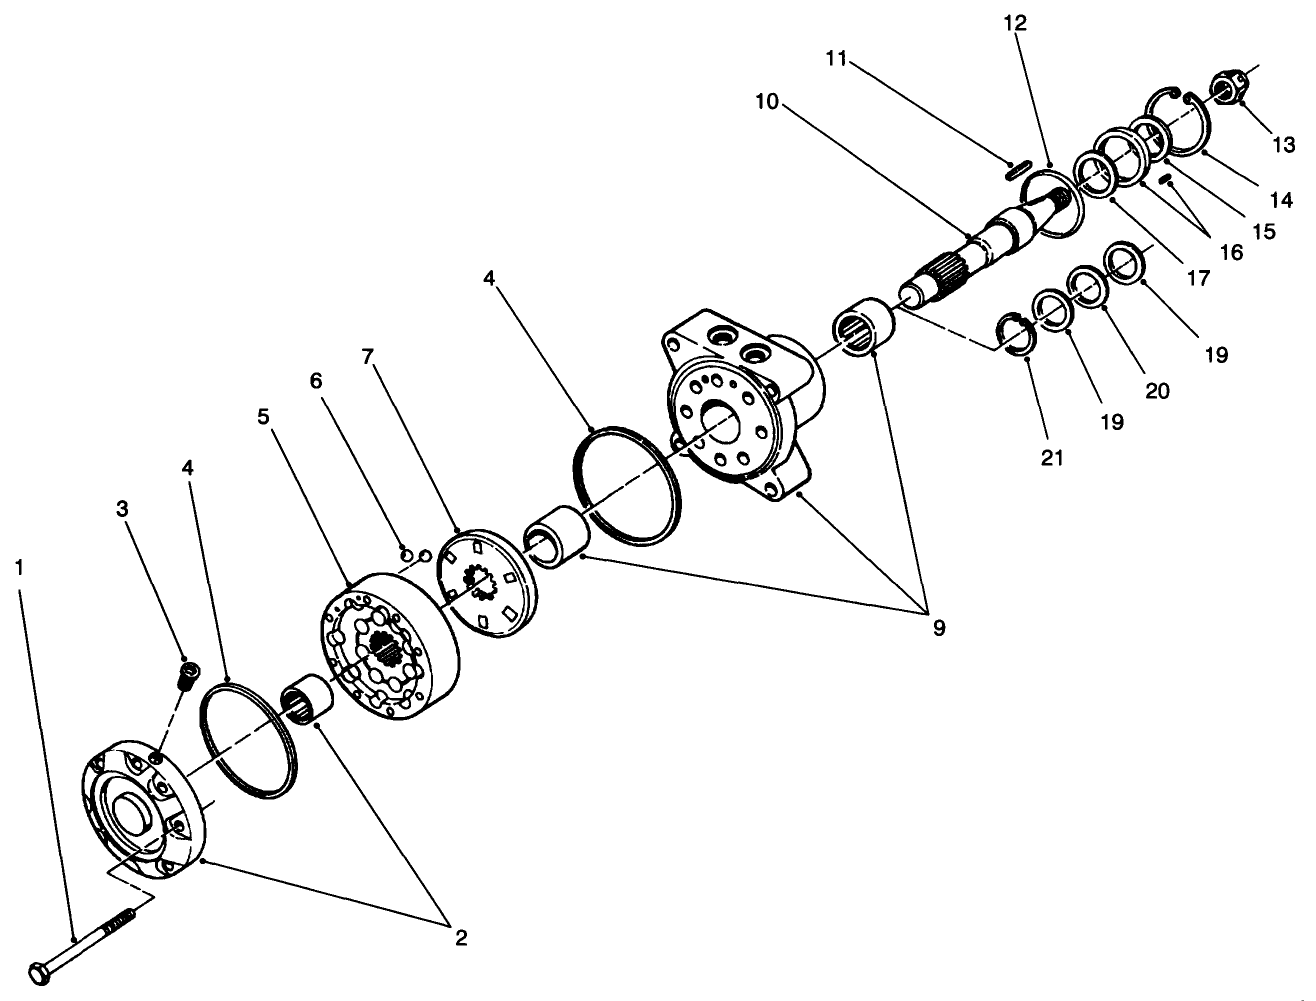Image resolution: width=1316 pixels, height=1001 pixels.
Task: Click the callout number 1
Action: point(19,567)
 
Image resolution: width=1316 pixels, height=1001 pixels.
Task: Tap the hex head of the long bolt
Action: point(42,971)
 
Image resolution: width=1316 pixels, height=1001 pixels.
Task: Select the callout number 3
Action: point(122,508)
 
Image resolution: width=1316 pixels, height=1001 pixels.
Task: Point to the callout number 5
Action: point(263,416)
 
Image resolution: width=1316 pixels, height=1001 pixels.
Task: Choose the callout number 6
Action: point(316,381)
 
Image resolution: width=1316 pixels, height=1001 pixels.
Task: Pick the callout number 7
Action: point(367,356)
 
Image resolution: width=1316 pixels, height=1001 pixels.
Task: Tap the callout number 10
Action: point(767,102)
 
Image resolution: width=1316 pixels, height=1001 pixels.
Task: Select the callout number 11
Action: point(837,60)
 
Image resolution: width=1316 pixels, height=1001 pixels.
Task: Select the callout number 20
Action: point(1157,391)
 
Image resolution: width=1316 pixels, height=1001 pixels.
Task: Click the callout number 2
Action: point(461,938)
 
